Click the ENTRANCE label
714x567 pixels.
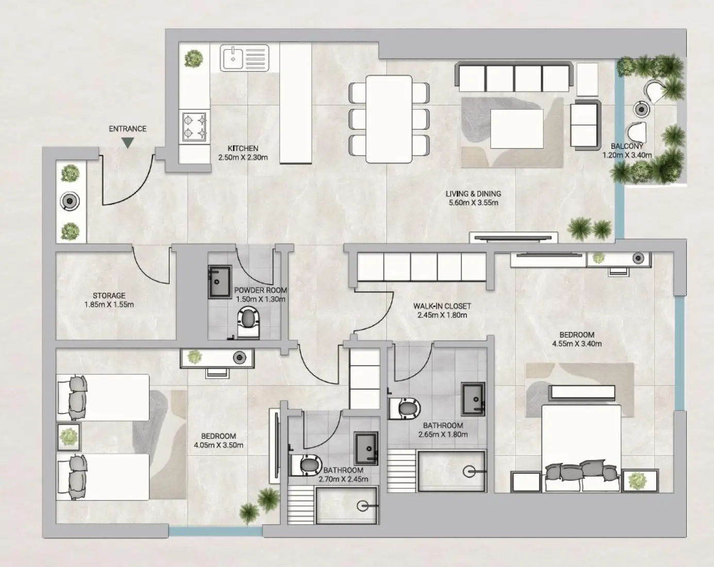click(127, 129)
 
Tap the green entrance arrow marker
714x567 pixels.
click(128, 143)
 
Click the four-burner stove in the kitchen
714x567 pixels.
click(194, 126)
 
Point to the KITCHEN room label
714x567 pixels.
click(243, 148)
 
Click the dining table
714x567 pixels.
click(389, 119)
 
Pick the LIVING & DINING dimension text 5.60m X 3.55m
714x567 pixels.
click(473, 203)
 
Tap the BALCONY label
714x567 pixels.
click(627, 146)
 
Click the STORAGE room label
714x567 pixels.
click(109, 295)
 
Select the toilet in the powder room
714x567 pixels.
click(248, 322)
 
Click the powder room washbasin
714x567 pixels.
click(220, 281)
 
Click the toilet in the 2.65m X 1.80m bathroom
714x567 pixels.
click(405, 408)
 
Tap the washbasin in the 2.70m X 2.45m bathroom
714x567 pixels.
click(366, 448)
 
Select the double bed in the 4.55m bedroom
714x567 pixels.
click(582, 448)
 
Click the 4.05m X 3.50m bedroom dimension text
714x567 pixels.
click(218, 445)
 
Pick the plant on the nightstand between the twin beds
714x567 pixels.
click(69, 437)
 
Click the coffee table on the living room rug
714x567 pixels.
click(517, 129)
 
